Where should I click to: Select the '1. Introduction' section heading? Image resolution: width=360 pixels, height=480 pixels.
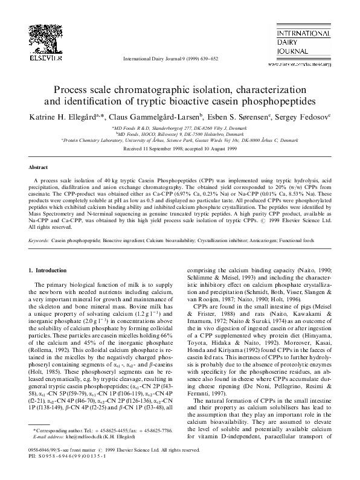coord(51,270)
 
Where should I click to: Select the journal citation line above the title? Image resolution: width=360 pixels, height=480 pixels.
coord(180,59)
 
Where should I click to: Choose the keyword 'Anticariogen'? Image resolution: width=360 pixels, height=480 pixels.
coord(272,240)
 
